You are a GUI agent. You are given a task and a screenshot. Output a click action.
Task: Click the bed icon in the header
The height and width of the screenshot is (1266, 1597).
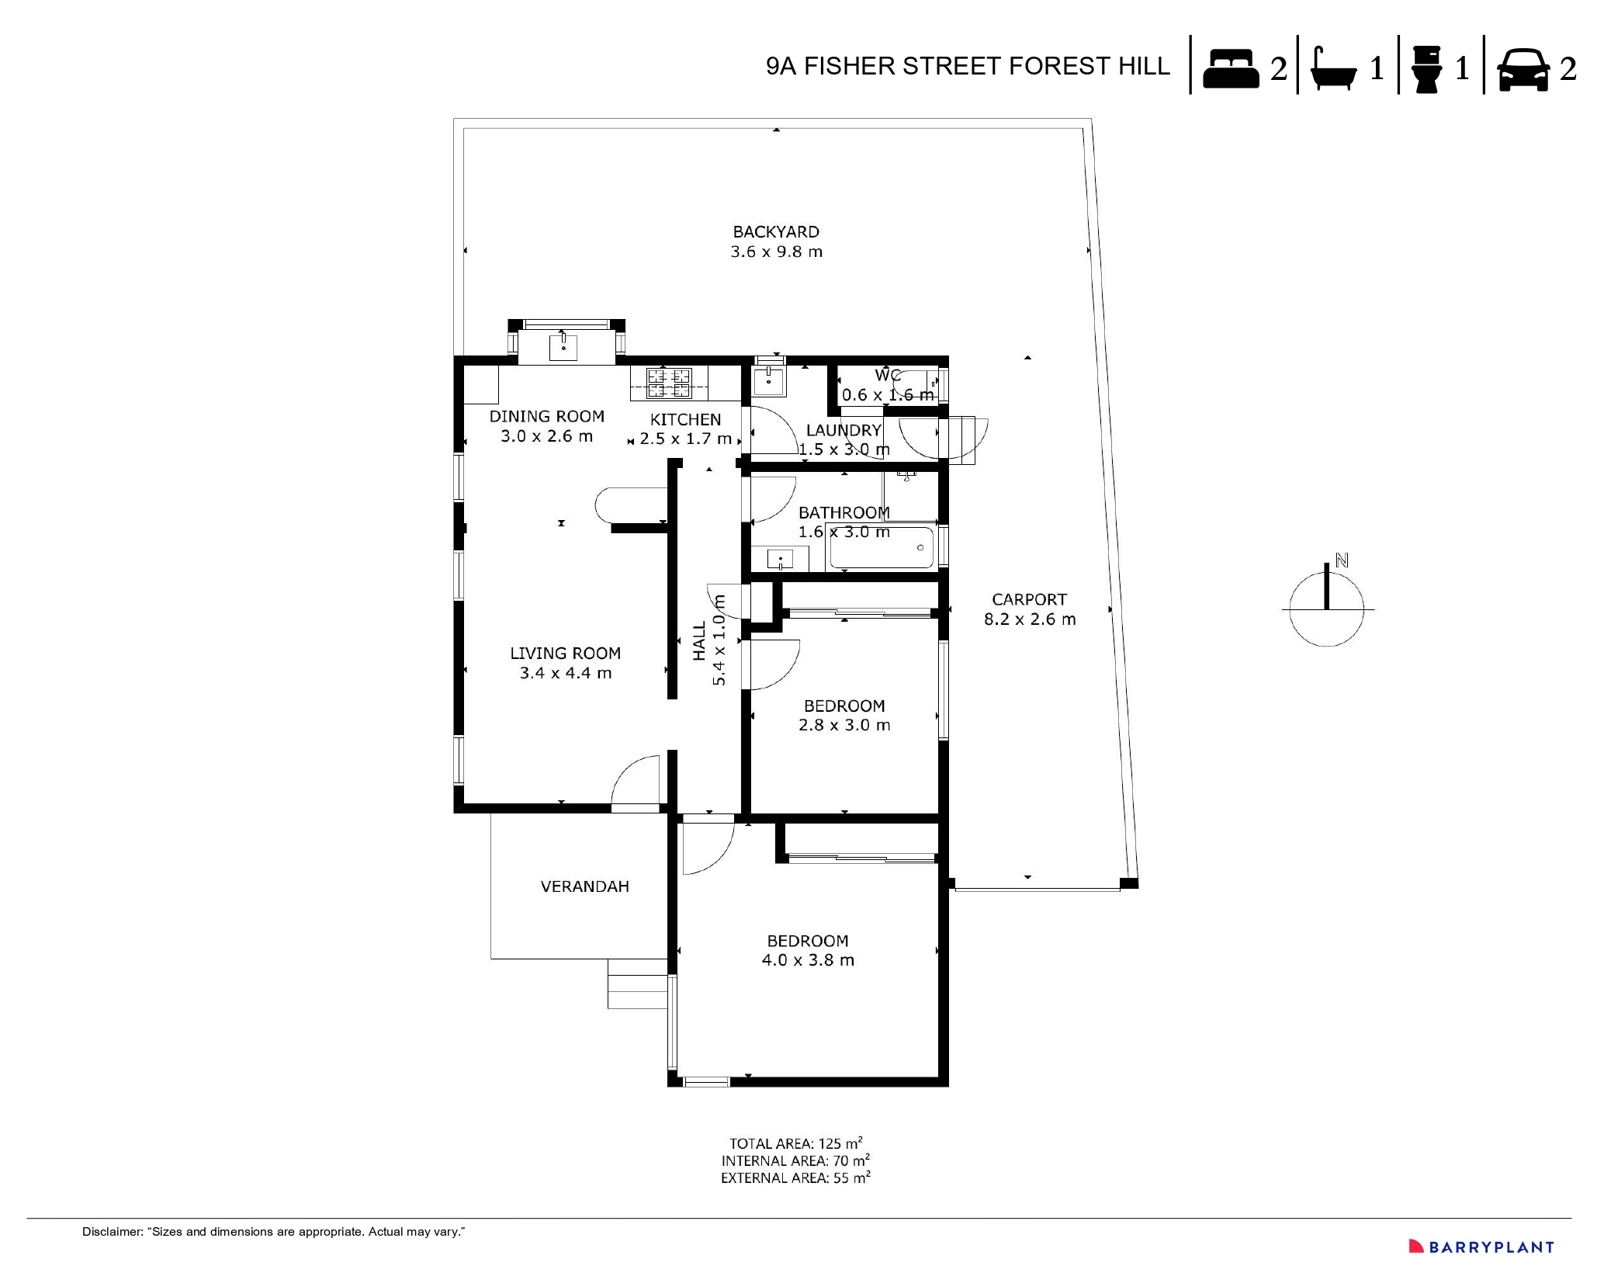pos(1231,68)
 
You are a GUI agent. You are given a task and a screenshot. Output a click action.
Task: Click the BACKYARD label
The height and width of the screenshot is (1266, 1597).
pos(776,232)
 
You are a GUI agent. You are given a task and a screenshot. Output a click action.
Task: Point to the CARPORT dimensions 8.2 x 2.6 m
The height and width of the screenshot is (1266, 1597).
pos(1030,619)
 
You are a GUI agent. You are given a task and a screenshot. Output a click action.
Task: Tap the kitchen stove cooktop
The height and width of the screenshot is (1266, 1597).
pos(669,383)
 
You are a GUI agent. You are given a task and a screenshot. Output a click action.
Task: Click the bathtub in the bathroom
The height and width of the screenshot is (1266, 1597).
pos(882,548)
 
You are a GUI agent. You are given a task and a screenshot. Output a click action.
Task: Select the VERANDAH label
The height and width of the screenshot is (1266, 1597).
pos(584,886)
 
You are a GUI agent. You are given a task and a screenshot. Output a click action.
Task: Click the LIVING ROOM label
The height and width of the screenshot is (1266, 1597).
pos(565,654)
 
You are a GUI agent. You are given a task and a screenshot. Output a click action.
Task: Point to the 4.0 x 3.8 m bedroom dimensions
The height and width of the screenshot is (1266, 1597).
pos(808,960)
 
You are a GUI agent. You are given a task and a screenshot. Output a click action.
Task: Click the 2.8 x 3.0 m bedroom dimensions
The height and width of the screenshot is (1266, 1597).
pos(844,725)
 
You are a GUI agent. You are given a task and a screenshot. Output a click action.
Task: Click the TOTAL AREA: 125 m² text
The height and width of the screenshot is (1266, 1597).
pos(795,1143)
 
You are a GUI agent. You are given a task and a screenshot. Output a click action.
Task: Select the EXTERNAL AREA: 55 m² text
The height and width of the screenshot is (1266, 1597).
pos(795,1178)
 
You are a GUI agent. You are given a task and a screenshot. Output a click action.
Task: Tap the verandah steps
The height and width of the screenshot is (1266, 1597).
pos(637,983)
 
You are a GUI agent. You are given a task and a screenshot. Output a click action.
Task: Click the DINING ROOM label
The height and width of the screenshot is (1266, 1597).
pos(546,417)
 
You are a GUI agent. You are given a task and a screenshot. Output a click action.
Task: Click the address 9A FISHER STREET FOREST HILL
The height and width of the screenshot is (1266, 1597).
pos(968,67)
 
